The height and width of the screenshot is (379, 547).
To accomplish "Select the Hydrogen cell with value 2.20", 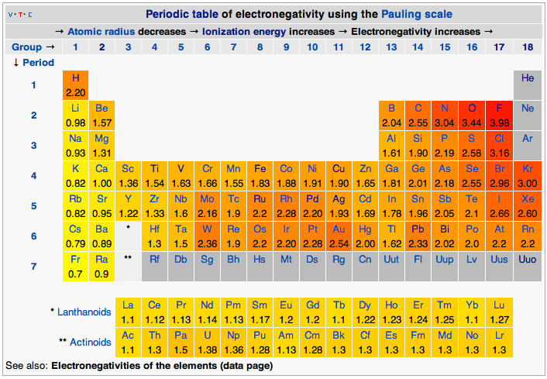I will [x=75, y=84].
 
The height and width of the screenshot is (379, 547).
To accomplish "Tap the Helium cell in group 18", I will [x=528, y=84].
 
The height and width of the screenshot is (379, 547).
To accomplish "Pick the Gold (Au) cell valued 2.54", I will [x=339, y=236].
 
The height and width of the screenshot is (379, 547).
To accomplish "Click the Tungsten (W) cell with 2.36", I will [x=207, y=236].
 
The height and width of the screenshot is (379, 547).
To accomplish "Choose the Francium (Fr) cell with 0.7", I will [x=75, y=266].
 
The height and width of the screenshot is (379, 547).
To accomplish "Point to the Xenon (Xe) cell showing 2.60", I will [x=528, y=205].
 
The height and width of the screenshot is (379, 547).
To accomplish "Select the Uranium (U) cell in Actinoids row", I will [x=207, y=342].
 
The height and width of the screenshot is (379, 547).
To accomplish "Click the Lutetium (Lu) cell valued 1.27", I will [x=501, y=312].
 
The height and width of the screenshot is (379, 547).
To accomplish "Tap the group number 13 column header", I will [x=391, y=47].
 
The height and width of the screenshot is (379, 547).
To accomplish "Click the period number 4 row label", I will [x=33, y=175].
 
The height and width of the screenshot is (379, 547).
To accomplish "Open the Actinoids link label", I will [x=90, y=342].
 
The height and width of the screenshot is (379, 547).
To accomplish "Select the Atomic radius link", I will [x=101, y=31].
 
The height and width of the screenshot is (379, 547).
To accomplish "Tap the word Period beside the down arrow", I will [x=38, y=62].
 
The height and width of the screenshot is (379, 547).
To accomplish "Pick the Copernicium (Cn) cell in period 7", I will [x=365, y=260].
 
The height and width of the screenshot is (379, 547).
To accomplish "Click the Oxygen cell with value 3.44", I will [x=471, y=115].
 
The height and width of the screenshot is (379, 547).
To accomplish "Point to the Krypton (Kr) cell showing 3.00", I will [x=528, y=175].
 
